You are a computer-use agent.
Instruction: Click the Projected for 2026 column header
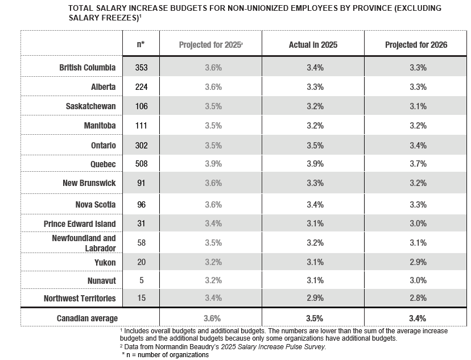416,45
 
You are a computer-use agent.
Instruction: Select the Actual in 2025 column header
313,45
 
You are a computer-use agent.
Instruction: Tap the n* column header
141,44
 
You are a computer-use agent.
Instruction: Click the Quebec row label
103,164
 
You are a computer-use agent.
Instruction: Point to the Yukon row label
105,262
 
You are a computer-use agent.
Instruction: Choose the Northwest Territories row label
80,298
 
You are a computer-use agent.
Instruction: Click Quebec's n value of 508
141,164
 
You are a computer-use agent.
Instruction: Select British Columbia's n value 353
141,67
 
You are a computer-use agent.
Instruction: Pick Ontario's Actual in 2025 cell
315,146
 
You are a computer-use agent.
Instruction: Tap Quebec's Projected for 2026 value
418,164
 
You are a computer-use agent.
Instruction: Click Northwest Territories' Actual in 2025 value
315,298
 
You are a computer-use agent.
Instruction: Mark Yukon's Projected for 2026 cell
418,262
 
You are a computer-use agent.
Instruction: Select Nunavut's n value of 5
142,280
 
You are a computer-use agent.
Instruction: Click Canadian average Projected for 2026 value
418,318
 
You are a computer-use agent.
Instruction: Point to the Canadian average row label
87,318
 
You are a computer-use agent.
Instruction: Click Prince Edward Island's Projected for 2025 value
213,224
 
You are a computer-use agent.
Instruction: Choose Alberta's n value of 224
141,87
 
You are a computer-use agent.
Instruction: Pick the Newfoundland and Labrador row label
84,243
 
